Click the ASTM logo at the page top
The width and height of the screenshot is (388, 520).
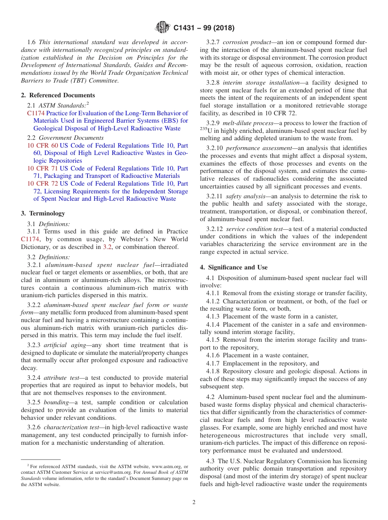(163, 28)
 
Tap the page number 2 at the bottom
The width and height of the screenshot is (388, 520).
(194, 502)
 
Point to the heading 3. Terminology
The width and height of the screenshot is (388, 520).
(43, 213)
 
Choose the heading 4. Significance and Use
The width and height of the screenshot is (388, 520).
(234, 267)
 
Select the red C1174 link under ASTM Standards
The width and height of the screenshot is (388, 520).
(36, 113)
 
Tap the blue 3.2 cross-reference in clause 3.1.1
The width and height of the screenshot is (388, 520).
(107, 247)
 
